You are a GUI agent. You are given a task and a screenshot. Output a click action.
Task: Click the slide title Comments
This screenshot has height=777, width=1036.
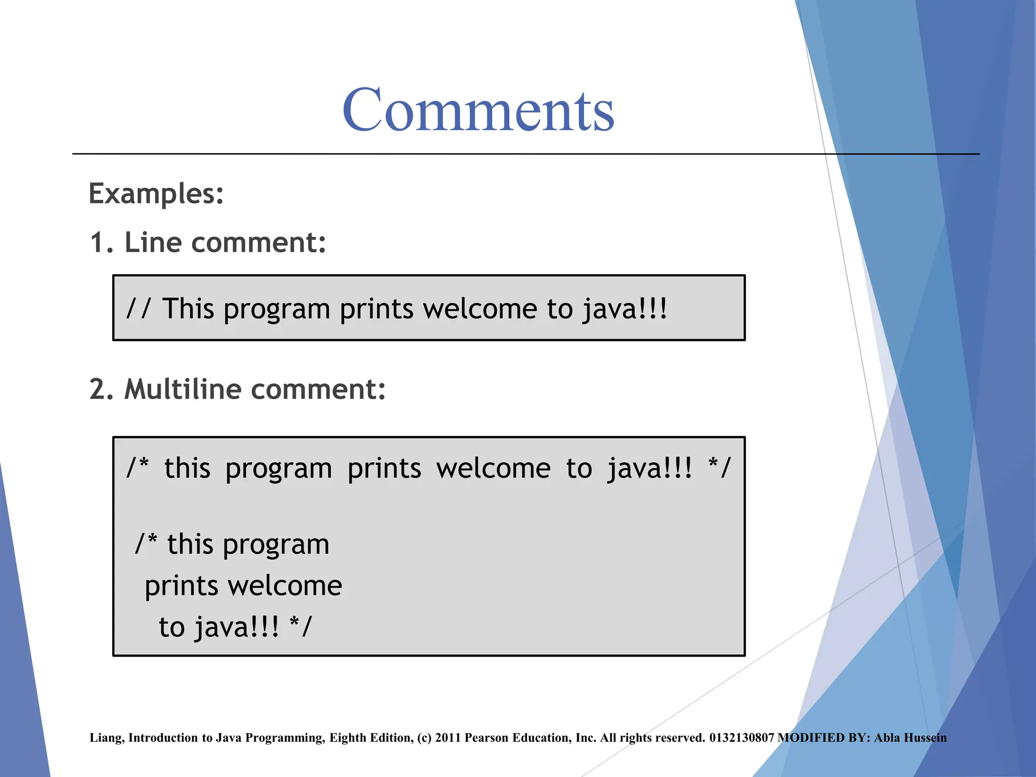(478, 110)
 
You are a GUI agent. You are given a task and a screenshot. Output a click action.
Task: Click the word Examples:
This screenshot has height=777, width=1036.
(156, 194)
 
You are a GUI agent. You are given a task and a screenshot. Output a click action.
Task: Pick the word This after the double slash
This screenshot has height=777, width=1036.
(188, 309)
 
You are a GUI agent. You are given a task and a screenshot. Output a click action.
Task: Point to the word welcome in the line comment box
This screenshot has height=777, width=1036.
(480, 309)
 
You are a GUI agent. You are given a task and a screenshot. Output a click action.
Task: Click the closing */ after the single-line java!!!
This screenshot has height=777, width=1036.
(719, 468)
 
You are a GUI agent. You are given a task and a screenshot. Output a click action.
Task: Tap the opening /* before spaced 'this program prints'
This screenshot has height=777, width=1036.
(138, 468)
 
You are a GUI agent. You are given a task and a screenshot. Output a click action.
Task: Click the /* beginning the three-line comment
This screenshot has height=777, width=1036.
(146, 544)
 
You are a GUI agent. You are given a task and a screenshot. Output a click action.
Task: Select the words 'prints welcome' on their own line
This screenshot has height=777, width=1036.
(243, 586)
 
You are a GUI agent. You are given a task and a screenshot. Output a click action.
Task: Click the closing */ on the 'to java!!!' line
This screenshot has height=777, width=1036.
(300, 627)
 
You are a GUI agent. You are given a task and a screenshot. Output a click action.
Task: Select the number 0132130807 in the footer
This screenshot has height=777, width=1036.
(742, 738)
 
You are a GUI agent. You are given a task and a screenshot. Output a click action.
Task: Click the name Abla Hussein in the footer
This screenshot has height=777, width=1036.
(910, 738)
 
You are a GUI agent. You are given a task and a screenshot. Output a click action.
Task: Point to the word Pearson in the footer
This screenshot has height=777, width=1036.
(487, 738)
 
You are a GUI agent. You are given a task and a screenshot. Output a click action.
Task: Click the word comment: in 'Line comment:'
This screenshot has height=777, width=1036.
(258, 243)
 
